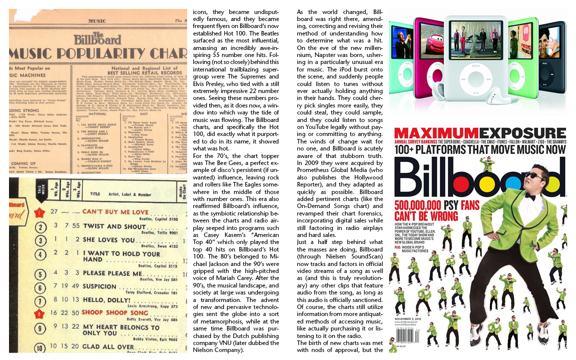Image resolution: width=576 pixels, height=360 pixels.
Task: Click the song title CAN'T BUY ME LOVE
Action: [x=115, y=211]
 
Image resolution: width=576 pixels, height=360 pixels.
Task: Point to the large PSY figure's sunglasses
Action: [x=533, y=175]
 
